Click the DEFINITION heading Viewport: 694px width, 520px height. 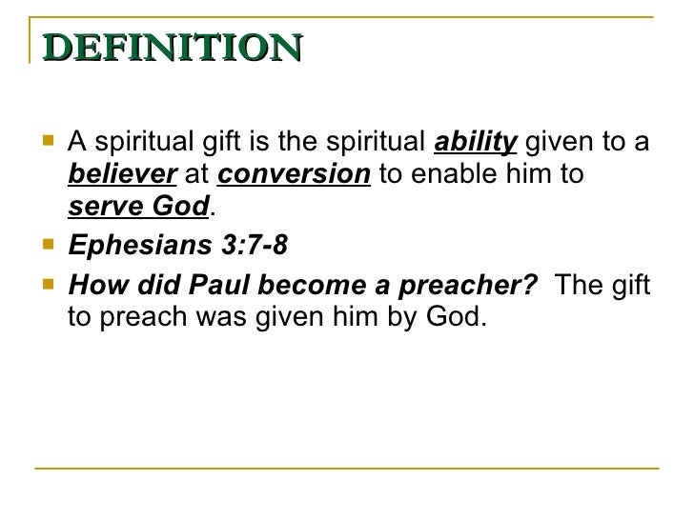coord(172,46)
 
